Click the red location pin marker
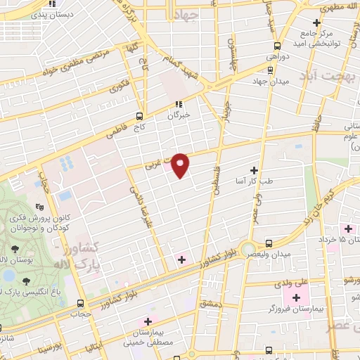tap(181, 165)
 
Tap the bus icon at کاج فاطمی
tap(140, 116)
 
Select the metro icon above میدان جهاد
tap(270, 70)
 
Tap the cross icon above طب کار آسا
tap(255, 170)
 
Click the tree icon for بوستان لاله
tap(15, 248)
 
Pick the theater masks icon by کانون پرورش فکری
tap(41, 207)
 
